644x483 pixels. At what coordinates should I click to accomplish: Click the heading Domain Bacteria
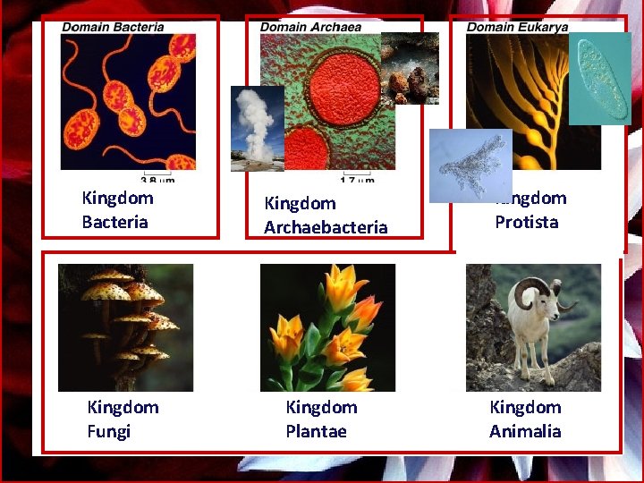(113, 27)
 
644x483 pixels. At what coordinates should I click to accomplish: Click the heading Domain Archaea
(310, 27)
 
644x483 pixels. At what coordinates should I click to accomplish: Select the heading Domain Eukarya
(516, 27)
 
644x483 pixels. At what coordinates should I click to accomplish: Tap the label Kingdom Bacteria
(117, 210)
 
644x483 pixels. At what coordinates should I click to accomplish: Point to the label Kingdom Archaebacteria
(326, 216)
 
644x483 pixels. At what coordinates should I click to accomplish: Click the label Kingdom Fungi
(123, 419)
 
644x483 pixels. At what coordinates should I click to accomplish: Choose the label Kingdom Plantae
(321, 419)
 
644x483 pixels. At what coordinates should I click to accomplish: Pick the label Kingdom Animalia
(525, 419)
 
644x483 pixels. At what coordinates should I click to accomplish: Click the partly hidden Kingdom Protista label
(530, 210)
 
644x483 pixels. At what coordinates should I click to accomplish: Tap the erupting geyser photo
(257, 128)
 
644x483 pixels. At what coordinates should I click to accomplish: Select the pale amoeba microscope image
(470, 165)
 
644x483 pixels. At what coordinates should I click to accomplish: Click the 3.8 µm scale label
(156, 177)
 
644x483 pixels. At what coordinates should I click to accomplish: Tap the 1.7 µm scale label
(358, 179)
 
